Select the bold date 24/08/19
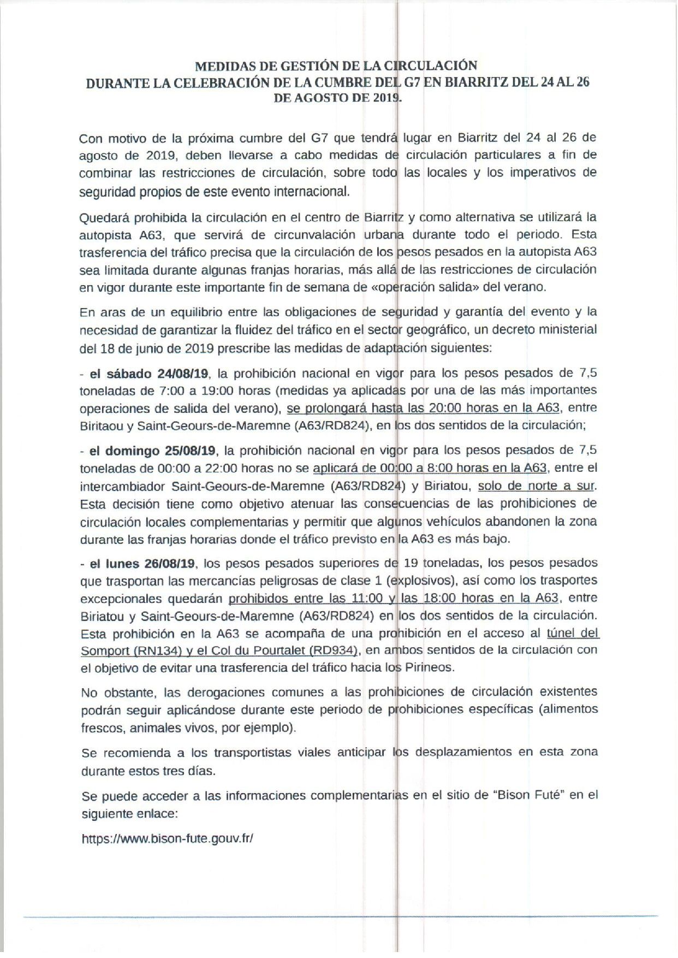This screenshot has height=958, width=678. point(182,374)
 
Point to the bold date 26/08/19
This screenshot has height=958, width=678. point(174,563)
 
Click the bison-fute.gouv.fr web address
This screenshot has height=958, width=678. point(167,838)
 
